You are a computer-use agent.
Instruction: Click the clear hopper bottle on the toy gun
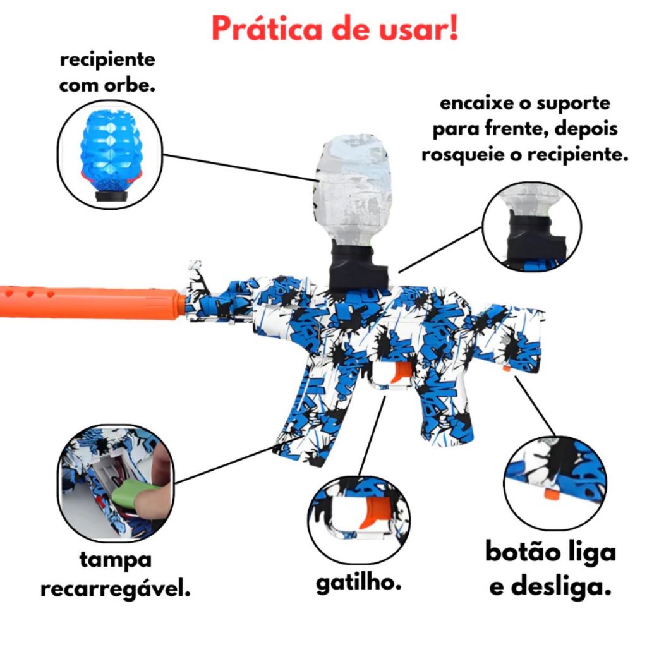pyautogui.click(x=353, y=188)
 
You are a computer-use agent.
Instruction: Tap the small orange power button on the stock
pyautogui.click(x=506, y=368)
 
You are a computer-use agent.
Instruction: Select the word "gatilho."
pyautogui.click(x=359, y=583)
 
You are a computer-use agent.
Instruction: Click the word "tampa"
pyautogui.click(x=116, y=560)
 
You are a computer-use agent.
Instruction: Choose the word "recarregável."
pyautogui.click(x=116, y=588)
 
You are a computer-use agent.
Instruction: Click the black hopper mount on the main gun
pyautogui.click(x=357, y=266)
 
